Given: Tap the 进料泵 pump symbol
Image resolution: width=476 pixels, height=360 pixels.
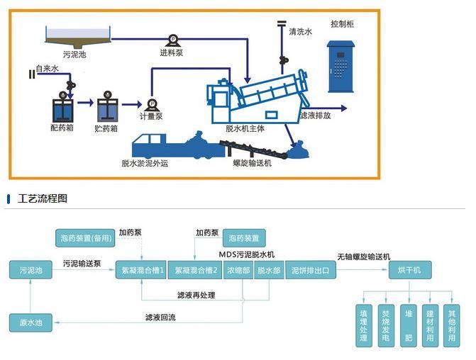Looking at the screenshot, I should click(x=172, y=40).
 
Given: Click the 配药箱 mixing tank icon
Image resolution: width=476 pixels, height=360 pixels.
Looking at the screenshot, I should click(x=64, y=108).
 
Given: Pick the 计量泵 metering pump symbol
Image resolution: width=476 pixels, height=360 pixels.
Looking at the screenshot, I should click(x=150, y=103).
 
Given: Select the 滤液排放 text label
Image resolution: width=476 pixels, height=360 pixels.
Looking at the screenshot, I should click(x=315, y=116).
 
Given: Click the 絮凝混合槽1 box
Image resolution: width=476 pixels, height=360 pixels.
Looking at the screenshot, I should click(x=140, y=270).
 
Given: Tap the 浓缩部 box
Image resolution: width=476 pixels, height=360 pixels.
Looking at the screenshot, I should click(x=237, y=270).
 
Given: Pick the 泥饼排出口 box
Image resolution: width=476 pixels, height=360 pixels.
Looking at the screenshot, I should click(x=310, y=270).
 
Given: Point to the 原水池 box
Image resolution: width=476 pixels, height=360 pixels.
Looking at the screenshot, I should click(x=31, y=322).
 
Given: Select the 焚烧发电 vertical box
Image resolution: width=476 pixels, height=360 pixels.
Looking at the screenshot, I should click(x=386, y=325).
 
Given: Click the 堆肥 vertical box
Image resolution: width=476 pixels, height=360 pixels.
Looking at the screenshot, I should click(x=408, y=325).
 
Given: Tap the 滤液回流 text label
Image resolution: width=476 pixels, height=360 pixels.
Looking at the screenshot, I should click(x=160, y=317).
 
